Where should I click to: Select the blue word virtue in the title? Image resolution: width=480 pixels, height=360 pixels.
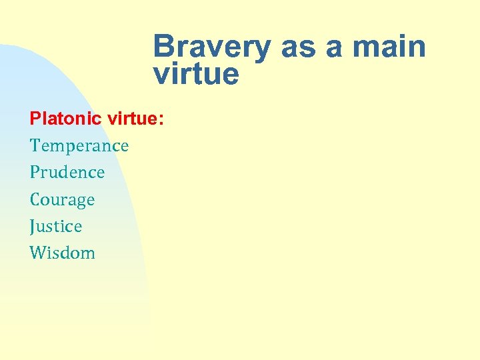195,74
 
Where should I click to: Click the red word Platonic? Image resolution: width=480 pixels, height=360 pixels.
65,119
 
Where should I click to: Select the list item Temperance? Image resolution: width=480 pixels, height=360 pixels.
79,145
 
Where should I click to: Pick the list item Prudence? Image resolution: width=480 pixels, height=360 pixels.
67,172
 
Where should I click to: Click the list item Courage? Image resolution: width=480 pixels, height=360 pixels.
62,199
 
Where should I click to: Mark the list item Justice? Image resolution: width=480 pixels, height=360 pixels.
55,226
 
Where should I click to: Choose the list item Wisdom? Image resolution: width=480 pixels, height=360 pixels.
62,253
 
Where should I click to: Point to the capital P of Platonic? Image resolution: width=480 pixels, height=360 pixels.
35,119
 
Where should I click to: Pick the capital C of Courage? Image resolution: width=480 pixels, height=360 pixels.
35,199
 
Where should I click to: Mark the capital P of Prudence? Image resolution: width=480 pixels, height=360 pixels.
35,172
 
